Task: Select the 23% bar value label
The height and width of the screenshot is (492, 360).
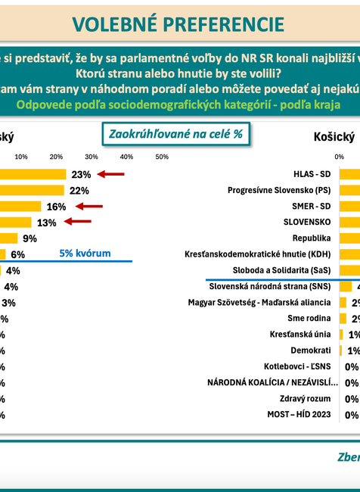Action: (81, 174)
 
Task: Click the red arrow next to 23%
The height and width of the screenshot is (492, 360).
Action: (112, 174)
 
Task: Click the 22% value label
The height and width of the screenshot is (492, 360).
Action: (79, 190)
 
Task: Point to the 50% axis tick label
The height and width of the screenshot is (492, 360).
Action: (161, 157)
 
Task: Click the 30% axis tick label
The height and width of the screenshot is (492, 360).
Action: (92, 157)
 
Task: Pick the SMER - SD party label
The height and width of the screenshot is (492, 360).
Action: (309, 206)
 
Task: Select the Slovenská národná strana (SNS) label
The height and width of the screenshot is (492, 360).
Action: (270, 286)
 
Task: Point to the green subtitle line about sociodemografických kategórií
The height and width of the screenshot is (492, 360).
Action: (180, 104)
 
